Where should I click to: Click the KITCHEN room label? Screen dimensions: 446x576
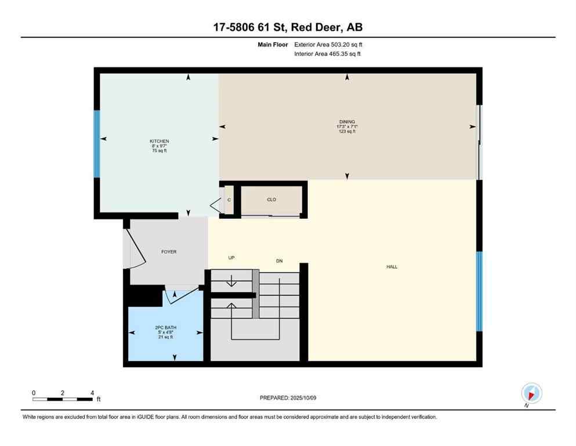(159, 141)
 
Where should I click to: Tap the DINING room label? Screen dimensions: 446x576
(347, 122)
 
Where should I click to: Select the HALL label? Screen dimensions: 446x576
(392, 267)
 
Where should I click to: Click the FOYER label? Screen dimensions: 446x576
(169, 251)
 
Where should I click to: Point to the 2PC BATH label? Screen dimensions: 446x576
(164, 327)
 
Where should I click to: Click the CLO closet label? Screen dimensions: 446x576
(271, 200)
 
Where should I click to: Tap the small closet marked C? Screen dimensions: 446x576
(229, 200)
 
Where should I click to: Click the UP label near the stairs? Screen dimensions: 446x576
(231, 258)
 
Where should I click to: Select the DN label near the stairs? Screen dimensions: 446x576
(279, 261)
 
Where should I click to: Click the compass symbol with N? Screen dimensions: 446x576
(531, 394)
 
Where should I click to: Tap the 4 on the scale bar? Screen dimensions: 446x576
(92, 393)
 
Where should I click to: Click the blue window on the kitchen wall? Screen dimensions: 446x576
(97, 144)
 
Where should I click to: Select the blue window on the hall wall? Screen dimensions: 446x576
(479, 291)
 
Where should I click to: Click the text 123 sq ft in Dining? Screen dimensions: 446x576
(347, 132)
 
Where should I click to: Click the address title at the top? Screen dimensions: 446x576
(288, 27)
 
